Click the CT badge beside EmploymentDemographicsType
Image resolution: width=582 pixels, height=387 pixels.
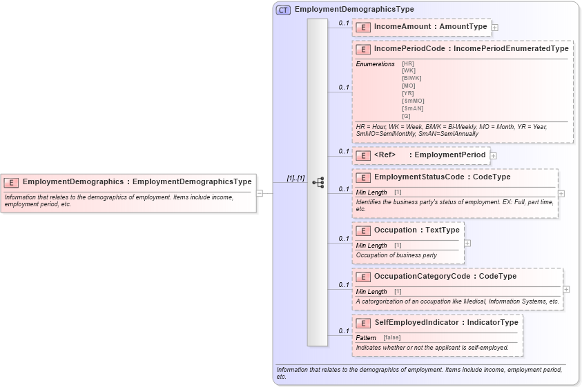click(x=283, y=10)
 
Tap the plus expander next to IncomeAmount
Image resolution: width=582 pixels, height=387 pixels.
click(x=494, y=28)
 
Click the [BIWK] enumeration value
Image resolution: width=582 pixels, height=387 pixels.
click(x=411, y=78)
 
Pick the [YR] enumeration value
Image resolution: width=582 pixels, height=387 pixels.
click(x=408, y=93)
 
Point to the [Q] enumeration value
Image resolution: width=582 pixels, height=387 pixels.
click(x=406, y=116)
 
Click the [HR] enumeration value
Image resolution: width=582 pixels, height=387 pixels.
click(x=408, y=63)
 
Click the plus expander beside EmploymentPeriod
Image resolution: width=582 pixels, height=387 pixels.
click(x=493, y=156)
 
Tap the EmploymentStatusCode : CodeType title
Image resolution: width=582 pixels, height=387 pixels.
click(x=442, y=177)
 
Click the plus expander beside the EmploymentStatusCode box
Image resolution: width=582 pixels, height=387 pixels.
click(x=561, y=193)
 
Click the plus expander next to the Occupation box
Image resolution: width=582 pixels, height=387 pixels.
click(x=467, y=243)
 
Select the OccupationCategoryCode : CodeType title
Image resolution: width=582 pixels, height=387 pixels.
click(x=445, y=277)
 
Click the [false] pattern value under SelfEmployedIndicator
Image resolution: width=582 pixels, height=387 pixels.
click(x=391, y=337)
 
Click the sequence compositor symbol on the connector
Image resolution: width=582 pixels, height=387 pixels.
click(x=318, y=183)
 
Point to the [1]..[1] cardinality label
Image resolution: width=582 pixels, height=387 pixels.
click(x=295, y=178)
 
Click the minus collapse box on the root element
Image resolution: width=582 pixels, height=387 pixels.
click(x=260, y=193)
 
